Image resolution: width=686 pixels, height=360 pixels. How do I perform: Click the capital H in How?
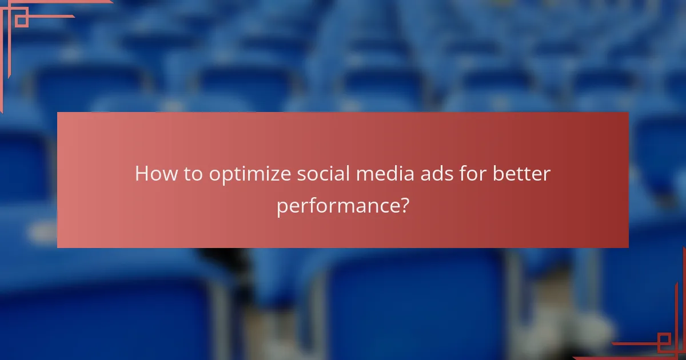(x=141, y=174)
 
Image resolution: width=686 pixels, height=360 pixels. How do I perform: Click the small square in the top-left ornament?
(x=21, y=21)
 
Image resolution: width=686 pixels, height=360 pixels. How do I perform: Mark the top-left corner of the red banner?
(x=58, y=113)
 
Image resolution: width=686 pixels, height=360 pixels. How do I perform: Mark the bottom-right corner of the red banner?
(x=628, y=247)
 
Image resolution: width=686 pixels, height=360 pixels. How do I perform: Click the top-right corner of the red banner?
(x=628, y=113)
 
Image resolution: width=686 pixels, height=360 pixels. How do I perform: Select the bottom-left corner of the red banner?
(x=58, y=247)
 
